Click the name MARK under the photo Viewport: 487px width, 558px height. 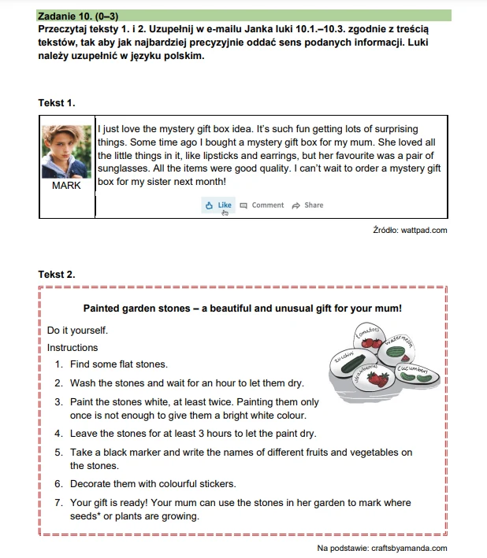pyautogui.click(x=66, y=187)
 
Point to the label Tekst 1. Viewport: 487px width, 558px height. pyautogui.click(x=57, y=103)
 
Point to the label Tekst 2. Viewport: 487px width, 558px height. pyautogui.click(x=57, y=274)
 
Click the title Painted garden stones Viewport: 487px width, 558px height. pyautogui.click(x=242, y=309)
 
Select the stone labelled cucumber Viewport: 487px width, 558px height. pyautogui.click(x=413, y=371)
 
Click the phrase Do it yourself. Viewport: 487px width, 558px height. pyautogui.click(x=77, y=331)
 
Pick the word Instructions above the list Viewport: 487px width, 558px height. pyautogui.click(x=72, y=348)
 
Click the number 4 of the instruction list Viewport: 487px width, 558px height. pyautogui.click(x=58, y=434)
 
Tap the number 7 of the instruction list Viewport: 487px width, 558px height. pyautogui.click(x=58, y=503)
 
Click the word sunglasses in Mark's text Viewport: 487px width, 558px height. pyautogui.click(x=125, y=168)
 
